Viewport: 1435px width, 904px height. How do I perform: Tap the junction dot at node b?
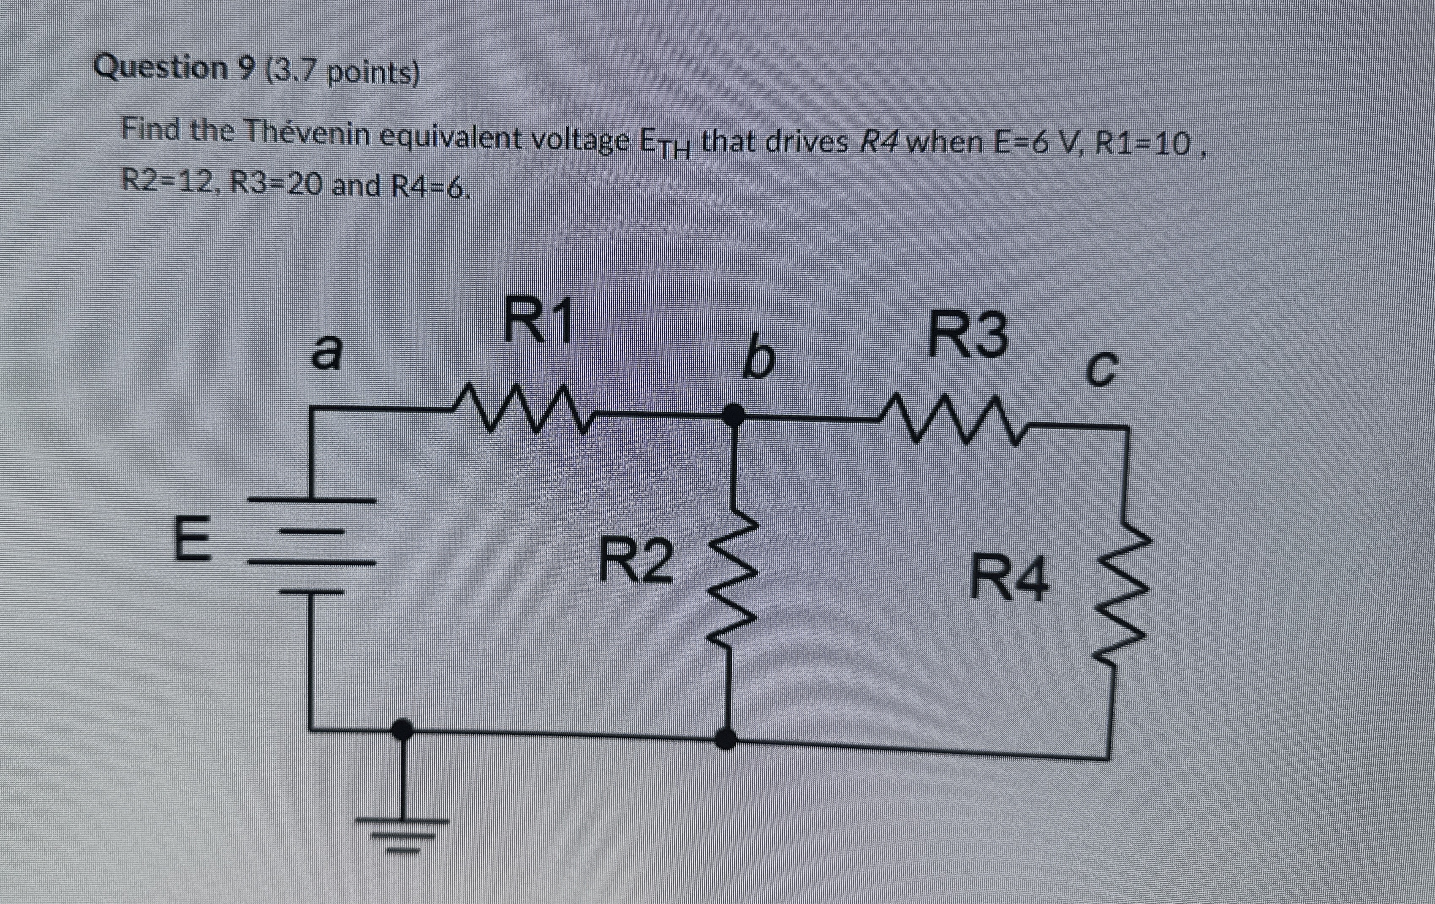tap(733, 413)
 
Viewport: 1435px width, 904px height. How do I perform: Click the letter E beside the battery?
tap(192, 539)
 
